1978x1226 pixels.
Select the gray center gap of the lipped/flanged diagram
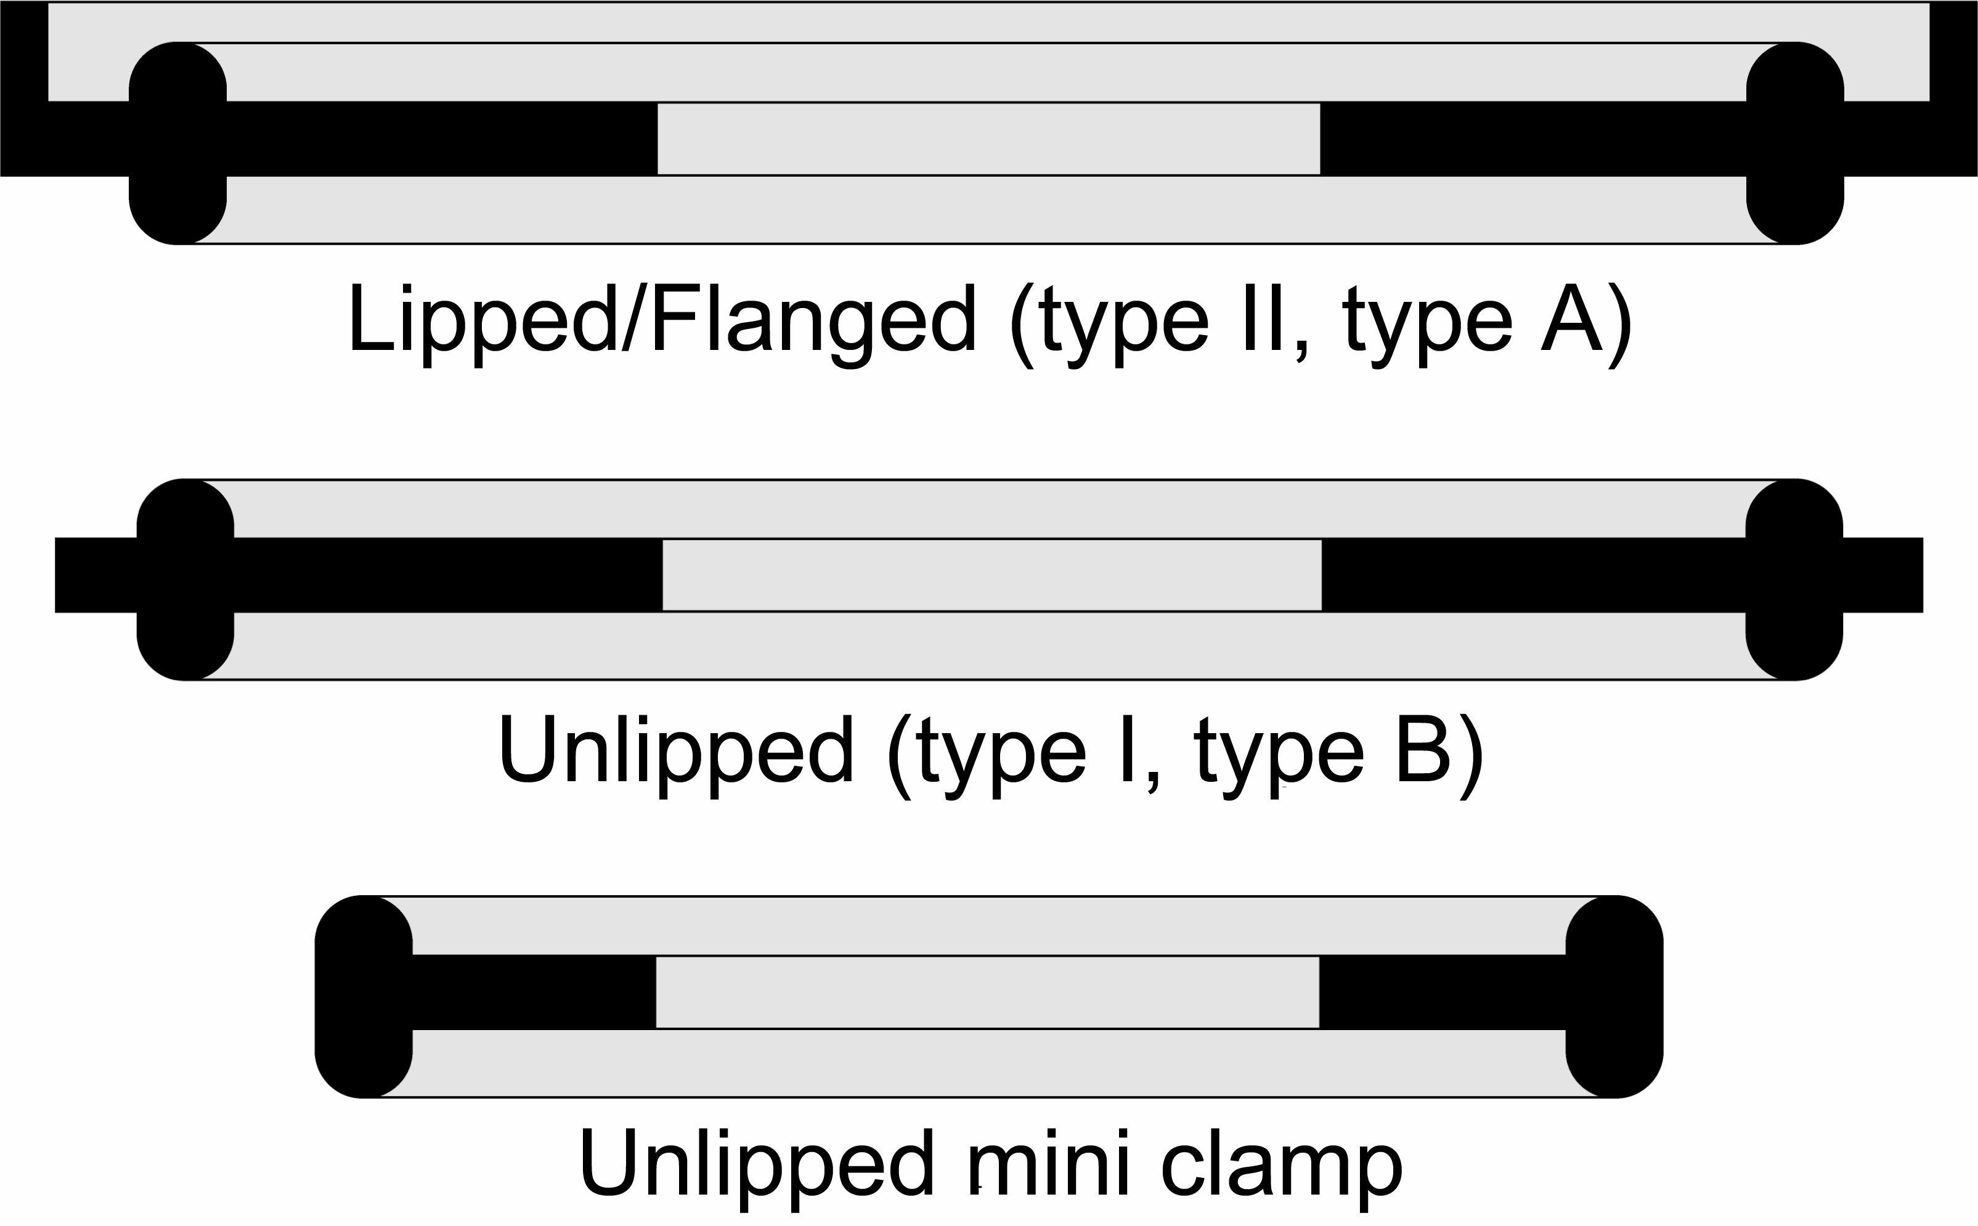pyautogui.click(x=988, y=139)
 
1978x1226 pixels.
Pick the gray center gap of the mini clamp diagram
pyautogui.click(x=987, y=993)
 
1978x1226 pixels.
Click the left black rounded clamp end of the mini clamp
pyautogui.click(x=364, y=997)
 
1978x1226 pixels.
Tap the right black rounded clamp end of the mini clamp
pyautogui.click(x=1614, y=997)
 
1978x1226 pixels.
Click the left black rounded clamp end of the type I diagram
pyautogui.click(x=185, y=579)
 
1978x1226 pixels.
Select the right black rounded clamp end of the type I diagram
pyautogui.click(x=1794, y=579)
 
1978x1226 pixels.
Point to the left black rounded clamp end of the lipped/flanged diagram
pyautogui.click(x=177, y=143)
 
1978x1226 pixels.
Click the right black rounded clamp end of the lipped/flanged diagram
pyautogui.click(x=1795, y=143)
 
